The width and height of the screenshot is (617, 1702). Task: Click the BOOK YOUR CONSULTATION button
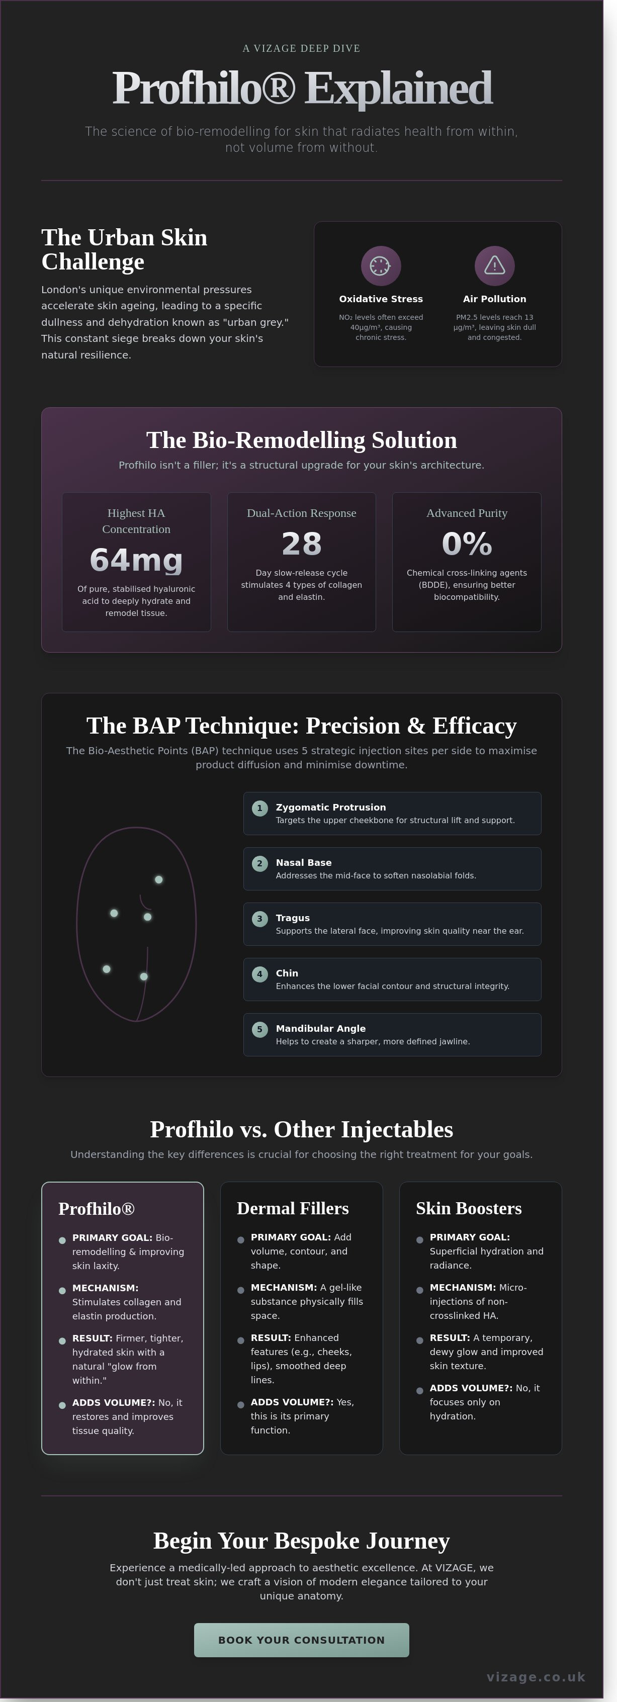point(301,1639)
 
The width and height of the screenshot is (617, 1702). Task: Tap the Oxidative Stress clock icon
point(381,265)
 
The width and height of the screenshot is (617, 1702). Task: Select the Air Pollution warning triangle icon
point(494,265)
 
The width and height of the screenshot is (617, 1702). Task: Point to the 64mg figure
point(136,560)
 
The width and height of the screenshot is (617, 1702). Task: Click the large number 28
point(301,544)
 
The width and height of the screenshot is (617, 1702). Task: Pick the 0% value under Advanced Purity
point(466,544)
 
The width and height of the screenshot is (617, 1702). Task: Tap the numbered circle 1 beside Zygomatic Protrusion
point(259,808)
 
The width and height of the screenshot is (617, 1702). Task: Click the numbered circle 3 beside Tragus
point(259,919)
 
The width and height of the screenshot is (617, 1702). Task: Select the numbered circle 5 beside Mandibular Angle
point(259,1029)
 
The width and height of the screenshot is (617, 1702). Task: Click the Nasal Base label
point(303,862)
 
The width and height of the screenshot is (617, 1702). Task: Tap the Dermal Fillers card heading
point(293,1208)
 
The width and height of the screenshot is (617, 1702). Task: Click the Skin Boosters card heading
point(468,1208)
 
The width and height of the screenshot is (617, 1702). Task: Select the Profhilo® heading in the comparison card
point(97,1208)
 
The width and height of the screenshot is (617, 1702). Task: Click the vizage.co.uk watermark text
point(536,1676)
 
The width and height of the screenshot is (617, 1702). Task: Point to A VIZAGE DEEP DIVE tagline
point(301,48)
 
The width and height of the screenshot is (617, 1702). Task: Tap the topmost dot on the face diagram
point(158,879)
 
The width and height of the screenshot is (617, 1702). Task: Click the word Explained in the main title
point(398,88)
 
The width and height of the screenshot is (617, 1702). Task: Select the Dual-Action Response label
point(301,513)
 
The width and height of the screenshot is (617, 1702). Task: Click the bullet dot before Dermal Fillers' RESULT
point(240,1340)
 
